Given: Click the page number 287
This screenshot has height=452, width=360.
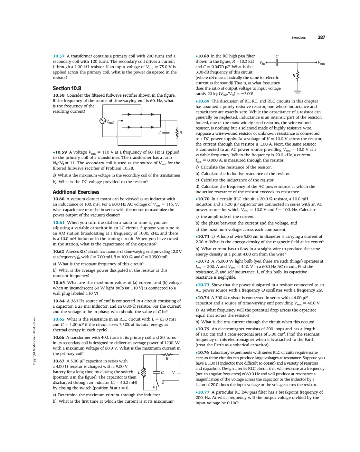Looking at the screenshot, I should (321, 37).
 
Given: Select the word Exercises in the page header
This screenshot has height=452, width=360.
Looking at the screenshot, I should (298, 38).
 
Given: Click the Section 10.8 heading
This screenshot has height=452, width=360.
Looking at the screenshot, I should (67, 88).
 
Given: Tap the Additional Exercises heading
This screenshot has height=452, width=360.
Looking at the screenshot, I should (76, 192).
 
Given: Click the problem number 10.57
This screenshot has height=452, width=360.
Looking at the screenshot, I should (59, 56).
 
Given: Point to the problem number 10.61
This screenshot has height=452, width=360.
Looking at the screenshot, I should (59, 223).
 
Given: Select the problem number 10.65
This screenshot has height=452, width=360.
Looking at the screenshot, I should (59, 319).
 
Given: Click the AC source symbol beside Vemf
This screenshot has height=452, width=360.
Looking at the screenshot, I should (103, 121).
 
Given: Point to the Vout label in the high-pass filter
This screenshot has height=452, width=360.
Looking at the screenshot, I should (321, 63).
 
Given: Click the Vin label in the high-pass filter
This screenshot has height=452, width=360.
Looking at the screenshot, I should (262, 63).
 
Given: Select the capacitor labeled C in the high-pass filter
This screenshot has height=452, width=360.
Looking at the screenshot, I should (277, 62).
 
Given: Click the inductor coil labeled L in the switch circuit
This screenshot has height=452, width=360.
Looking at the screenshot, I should (144, 372).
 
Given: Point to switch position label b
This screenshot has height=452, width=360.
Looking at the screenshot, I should (154, 386).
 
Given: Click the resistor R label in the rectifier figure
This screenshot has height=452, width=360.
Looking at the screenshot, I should (181, 133).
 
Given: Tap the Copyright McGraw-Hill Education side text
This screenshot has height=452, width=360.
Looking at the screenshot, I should (34, 341).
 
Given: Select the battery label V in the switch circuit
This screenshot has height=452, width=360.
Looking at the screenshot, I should (174, 372).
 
